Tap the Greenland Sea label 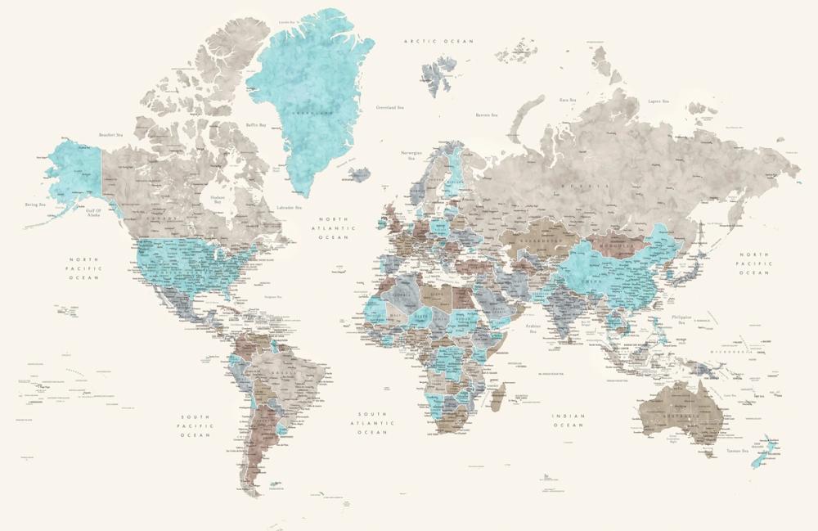tap(390, 107)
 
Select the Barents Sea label tap(488, 115)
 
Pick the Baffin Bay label tap(256, 125)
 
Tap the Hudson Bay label tap(217, 199)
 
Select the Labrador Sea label tap(290, 208)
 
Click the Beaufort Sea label tap(110, 135)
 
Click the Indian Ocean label tap(568, 421)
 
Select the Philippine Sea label tap(681, 319)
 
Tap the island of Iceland tap(357, 174)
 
